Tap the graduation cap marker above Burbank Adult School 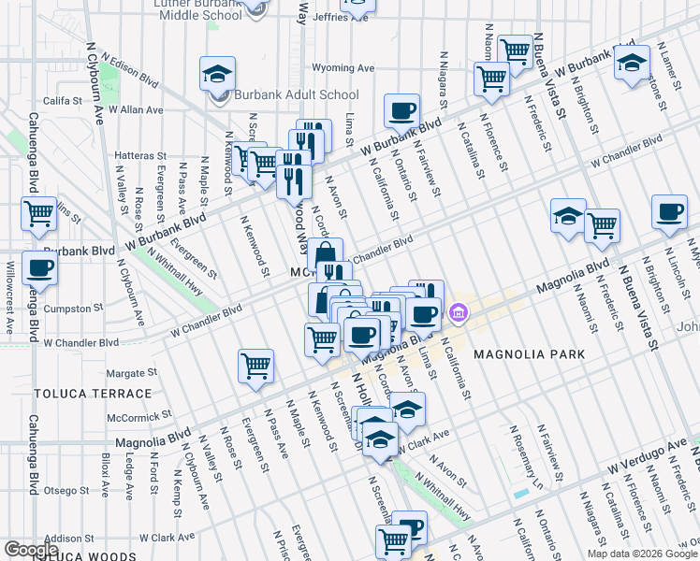[x=217, y=74]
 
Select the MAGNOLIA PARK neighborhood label [x=529, y=354]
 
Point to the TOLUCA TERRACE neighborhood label [x=80, y=394]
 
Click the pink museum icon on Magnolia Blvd [x=459, y=311]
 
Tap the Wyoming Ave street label [x=343, y=68]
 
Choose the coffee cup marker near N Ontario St [x=401, y=110]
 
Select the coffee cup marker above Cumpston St [x=39, y=268]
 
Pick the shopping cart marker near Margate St [x=255, y=366]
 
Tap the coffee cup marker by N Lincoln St [x=668, y=211]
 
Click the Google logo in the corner [x=31, y=550]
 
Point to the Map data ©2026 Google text [x=641, y=554]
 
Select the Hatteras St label [x=139, y=156]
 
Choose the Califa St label [x=64, y=100]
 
